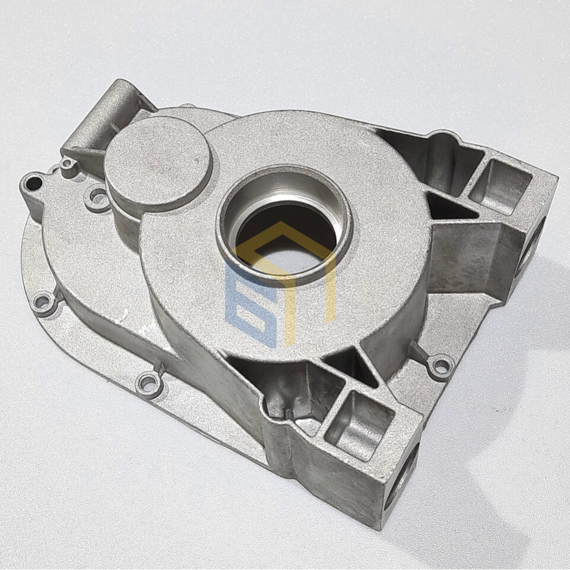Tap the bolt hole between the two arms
[x=441, y=364]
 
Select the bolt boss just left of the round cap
[x=97, y=198]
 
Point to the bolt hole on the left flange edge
[x=42, y=302]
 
